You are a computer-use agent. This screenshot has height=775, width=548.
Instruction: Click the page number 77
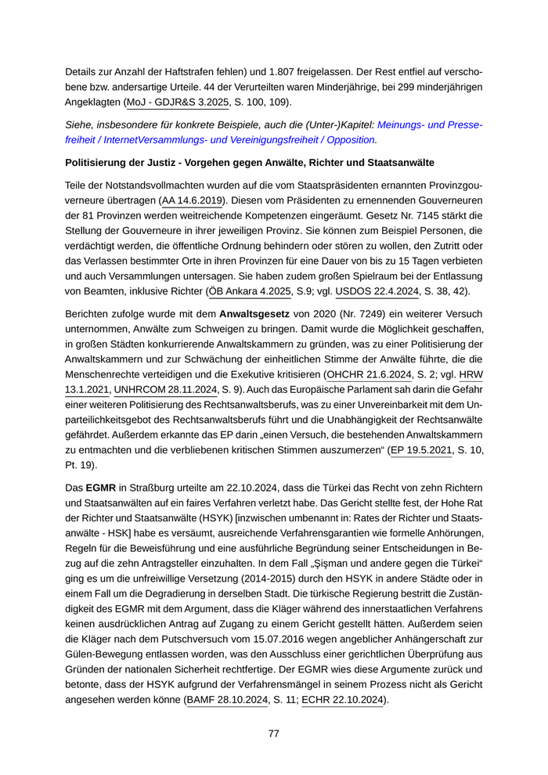274,734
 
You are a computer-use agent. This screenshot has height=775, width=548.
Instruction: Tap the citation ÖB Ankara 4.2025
251,291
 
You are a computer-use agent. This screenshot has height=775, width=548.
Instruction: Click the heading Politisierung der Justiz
249,162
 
